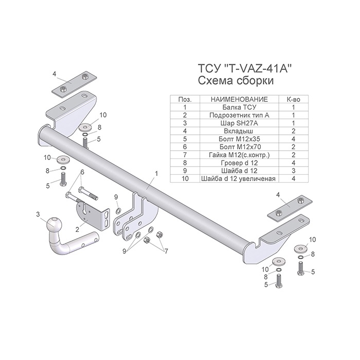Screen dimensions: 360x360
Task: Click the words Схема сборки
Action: pyautogui.click(x=236, y=81)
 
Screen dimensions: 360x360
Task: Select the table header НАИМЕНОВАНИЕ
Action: pyautogui.click(x=239, y=99)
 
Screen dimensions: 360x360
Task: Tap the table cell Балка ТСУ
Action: pyautogui.click(x=239, y=107)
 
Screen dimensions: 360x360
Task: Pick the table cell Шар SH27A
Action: pyautogui.click(x=239, y=123)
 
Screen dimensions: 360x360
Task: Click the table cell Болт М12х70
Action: pyautogui.click(x=239, y=147)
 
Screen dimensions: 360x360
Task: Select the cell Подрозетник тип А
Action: pyautogui.click(x=239, y=115)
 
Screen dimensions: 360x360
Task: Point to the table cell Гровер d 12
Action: pyautogui.click(x=239, y=163)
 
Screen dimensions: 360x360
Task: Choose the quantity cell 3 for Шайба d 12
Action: pyautogui.click(x=294, y=171)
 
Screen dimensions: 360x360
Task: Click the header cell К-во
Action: pyautogui.click(x=294, y=99)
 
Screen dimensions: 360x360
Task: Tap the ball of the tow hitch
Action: pyautogui.click(x=55, y=224)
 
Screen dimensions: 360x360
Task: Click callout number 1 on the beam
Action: pyautogui.click(x=156, y=174)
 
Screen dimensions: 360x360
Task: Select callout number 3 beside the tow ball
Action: pyautogui.click(x=38, y=214)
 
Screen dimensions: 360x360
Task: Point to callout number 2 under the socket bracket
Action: pyautogui.click(x=77, y=229)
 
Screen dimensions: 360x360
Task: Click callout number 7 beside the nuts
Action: pyautogui.click(x=166, y=251)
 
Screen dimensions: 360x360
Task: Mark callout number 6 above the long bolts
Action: pyautogui.click(x=82, y=172)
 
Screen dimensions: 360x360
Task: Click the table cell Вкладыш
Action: pyautogui.click(x=239, y=131)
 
